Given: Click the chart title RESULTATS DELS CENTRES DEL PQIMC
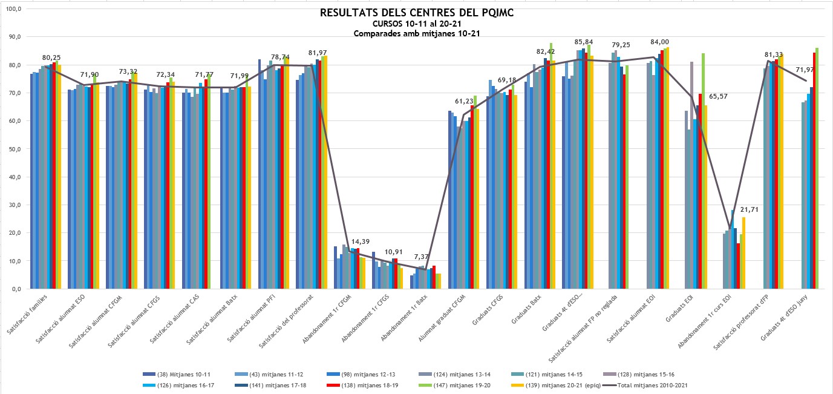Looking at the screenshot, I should tap(417, 13).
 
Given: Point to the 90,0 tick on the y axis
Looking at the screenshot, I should tap(13, 37).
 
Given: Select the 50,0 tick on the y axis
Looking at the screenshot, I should tap(13, 149).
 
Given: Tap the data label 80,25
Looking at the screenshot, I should tap(52, 57).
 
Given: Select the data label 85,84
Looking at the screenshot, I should tap(585, 42).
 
